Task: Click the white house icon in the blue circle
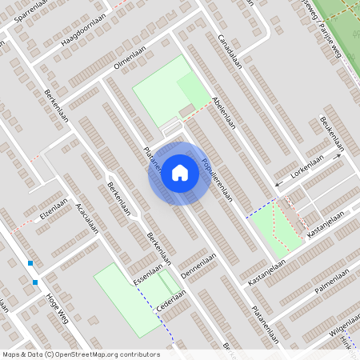click(x=180, y=173)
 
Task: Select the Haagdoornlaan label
click(x=78, y=38)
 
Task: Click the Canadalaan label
click(x=229, y=51)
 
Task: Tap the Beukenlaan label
click(x=331, y=132)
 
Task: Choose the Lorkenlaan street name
click(x=307, y=170)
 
